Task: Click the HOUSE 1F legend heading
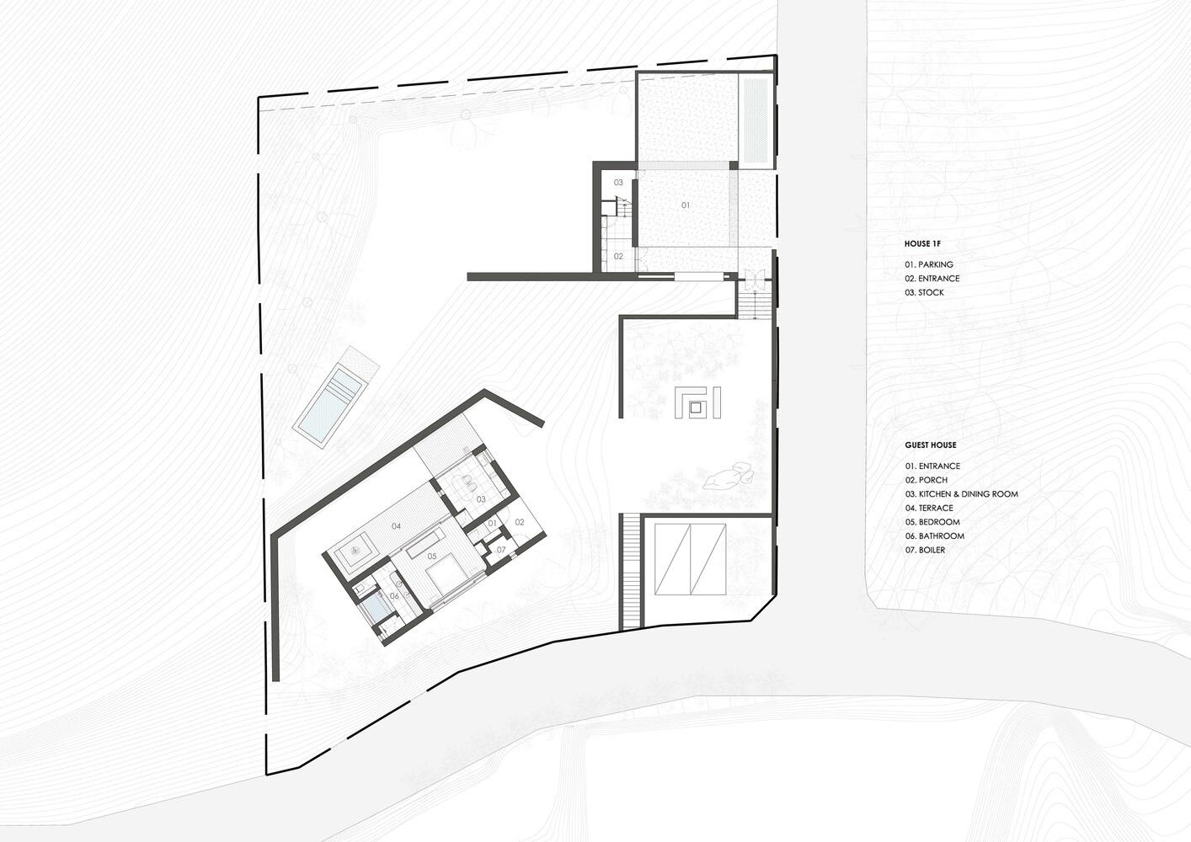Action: [x=922, y=244]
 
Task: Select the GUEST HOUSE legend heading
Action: [x=931, y=445]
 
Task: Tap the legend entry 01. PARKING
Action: [x=929, y=264]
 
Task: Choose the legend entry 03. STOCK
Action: [x=925, y=292]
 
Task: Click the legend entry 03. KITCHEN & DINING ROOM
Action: [x=962, y=493]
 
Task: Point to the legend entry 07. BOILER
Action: [x=925, y=550]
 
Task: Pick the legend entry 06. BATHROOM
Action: [x=935, y=536]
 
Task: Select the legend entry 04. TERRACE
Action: [x=929, y=509]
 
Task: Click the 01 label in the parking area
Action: [x=686, y=205]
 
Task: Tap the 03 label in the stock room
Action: [x=618, y=183]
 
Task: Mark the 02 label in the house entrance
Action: [x=618, y=256]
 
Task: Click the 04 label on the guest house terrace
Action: [x=396, y=526]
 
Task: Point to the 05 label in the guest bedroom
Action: [x=432, y=557]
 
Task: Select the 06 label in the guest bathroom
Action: [x=394, y=596]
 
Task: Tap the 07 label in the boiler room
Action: [x=501, y=550]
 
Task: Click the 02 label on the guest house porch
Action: [x=520, y=523]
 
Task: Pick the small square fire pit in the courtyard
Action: [x=696, y=408]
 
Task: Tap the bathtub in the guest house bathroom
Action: [x=378, y=609]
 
